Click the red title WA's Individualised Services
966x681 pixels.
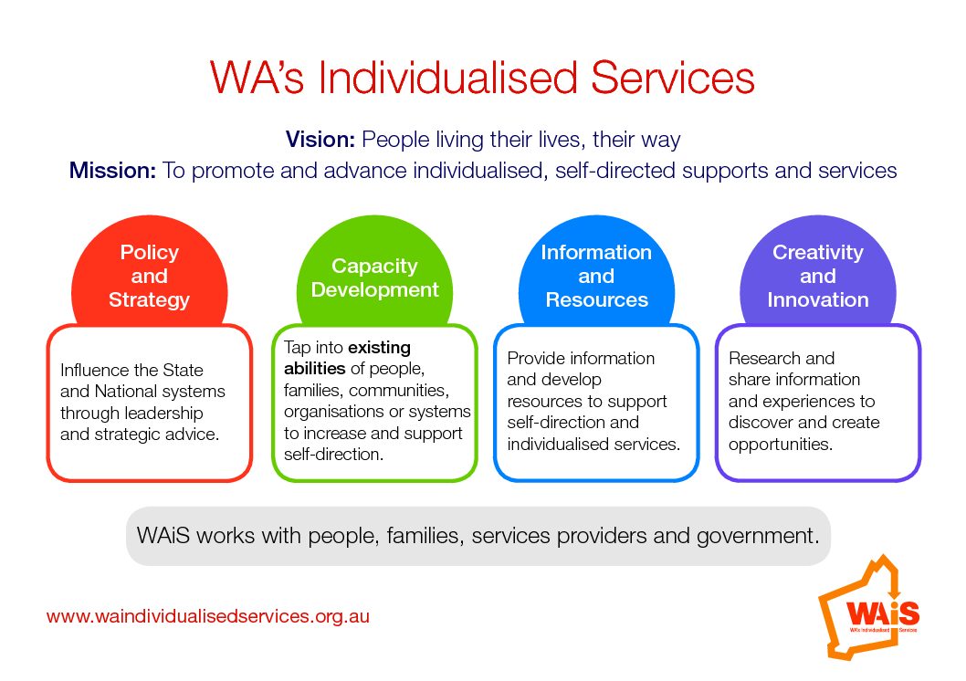pos(482,78)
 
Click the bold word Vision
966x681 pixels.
pos(320,140)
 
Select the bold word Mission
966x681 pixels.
pos(112,171)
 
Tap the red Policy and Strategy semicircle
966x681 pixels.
pos(149,271)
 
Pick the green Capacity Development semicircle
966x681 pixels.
pos(374,271)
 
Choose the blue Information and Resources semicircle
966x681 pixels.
pos(596,271)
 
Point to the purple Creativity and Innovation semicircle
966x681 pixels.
pos(818,271)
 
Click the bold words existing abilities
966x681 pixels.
pos(347,358)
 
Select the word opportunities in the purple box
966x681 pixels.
pos(781,445)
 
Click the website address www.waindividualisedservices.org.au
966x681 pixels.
pos(208,616)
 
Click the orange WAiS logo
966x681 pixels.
pos(869,608)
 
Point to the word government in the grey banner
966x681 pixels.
pos(758,536)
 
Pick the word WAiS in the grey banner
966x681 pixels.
pos(163,536)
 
